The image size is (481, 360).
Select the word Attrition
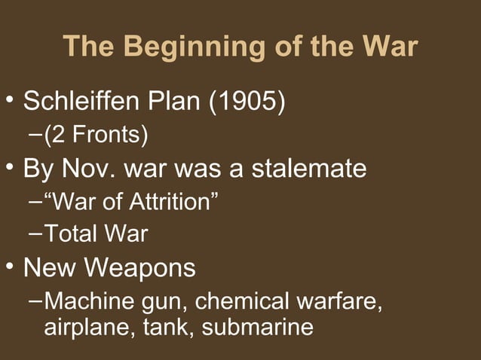click(x=167, y=202)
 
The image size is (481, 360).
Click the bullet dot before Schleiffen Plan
click(x=11, y=100)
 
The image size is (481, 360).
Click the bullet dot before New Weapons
click(x=11, y=267)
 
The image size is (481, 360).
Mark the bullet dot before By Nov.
click(x=11, y=168)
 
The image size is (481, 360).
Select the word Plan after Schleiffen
click(x=176, y=100)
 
